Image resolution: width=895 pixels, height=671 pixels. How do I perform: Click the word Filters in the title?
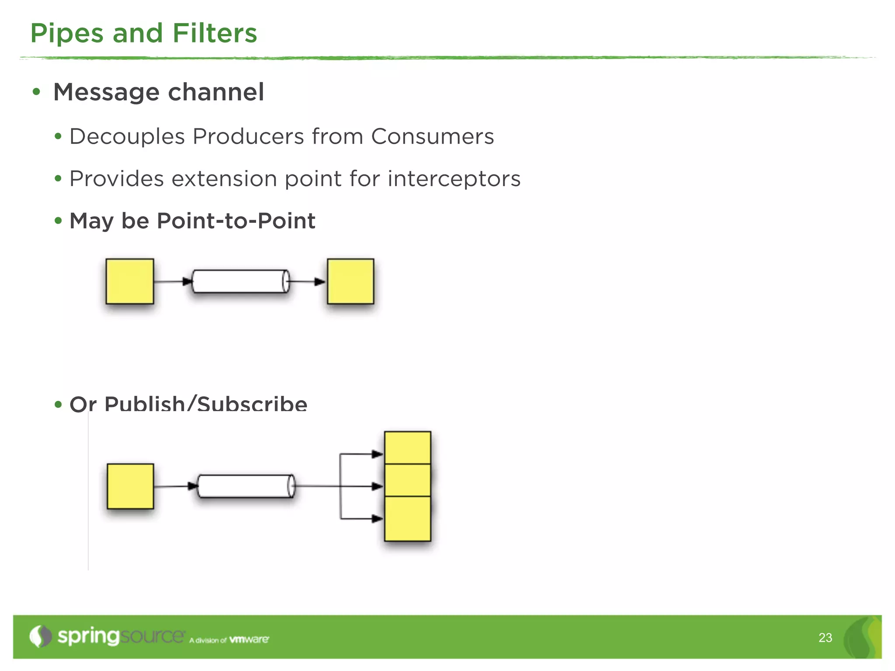point(215,33)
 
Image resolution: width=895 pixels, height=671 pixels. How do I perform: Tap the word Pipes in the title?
point(67,33)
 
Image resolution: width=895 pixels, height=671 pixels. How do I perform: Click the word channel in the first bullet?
point(216,92)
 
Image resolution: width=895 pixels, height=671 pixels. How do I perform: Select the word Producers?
point(248,136)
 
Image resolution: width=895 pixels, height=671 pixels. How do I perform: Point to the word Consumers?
point(432,136)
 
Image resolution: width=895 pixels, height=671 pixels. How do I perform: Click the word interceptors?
point(454,179)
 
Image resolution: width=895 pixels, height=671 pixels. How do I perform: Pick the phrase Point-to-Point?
point(236,221)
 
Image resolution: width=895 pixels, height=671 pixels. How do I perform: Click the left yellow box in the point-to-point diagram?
point(130,281)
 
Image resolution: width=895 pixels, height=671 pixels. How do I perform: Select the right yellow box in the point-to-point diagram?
point(350,281)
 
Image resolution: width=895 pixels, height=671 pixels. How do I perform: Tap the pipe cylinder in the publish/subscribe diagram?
point(246,486)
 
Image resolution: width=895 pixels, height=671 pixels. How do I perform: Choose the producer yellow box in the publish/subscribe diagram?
point(130,486)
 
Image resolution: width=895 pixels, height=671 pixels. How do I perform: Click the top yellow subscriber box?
point(407,448)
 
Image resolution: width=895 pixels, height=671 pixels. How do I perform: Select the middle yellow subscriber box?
point(407,480)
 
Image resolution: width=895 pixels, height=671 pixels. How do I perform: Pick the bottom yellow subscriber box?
point(407,519)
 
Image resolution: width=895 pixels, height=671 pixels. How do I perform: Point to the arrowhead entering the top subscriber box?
point(377,454)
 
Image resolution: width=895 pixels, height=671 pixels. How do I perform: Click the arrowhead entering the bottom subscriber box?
point(377,519)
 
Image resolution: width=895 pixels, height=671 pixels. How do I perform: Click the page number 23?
point(825,638)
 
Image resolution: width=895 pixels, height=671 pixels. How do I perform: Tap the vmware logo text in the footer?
point(249,640)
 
